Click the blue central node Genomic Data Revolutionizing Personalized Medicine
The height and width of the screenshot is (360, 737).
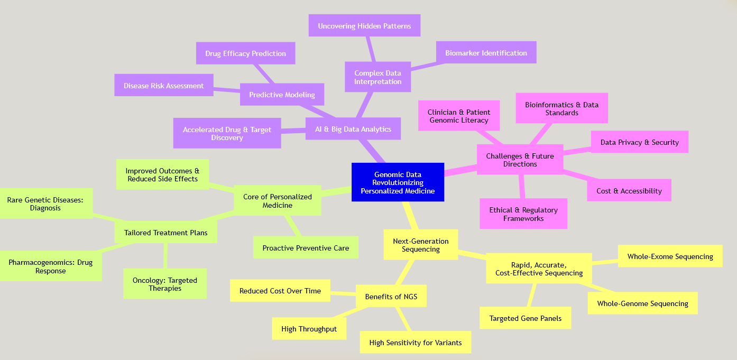tap(398, 182)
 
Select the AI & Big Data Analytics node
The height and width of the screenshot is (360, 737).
tap(353, 129)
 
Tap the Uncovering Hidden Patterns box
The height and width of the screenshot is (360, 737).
tap(364, 26)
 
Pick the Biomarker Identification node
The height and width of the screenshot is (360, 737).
tap(486, 53)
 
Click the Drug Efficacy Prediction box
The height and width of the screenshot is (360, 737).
tap(245, 53)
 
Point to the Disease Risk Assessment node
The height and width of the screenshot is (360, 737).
tap(163, 86)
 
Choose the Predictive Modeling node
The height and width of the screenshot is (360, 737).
tap(282, 95)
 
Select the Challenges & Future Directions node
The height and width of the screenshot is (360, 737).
tap(520, 160)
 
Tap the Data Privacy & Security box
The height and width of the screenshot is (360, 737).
tap(639, 142)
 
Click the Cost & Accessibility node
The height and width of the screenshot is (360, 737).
tap(629, 191)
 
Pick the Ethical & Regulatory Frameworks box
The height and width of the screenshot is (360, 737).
tap(523, 214)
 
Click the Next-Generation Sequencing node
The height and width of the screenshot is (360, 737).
tap(421, 245)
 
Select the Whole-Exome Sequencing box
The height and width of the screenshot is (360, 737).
tap(670, 256)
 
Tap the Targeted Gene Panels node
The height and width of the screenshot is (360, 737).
tap(525, 318)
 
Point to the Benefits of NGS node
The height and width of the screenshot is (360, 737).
tap(391, 297)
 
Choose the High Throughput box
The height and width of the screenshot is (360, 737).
tap(309, 329)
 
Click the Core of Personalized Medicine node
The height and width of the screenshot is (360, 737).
tap(277, 200)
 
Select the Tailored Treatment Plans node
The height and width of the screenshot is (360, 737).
tap(165, 233)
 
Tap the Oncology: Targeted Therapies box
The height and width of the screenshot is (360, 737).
tap(165, 284)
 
